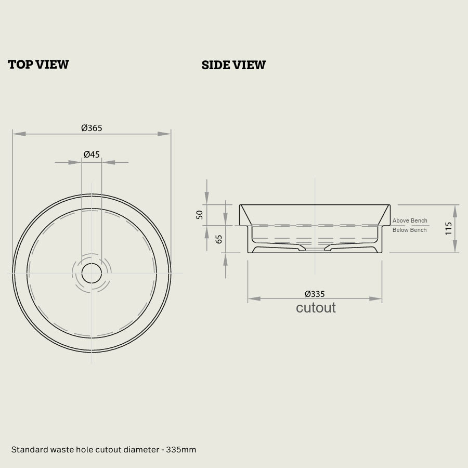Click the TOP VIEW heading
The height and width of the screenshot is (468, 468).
click(38, 64)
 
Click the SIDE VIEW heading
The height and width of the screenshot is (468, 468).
click(233, 65)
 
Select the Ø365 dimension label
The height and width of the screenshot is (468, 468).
click(92, 128)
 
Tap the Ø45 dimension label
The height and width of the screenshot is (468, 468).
click(92, 154)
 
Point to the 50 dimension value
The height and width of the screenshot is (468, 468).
click(199, 215)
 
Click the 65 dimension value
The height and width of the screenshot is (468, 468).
click(219, 239)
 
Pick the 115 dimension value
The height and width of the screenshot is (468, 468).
click(448, 228)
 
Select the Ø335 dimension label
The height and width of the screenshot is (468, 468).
click(315, 294)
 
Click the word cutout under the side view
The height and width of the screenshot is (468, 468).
click(316, 308)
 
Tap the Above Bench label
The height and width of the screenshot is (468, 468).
click(410, 220)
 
